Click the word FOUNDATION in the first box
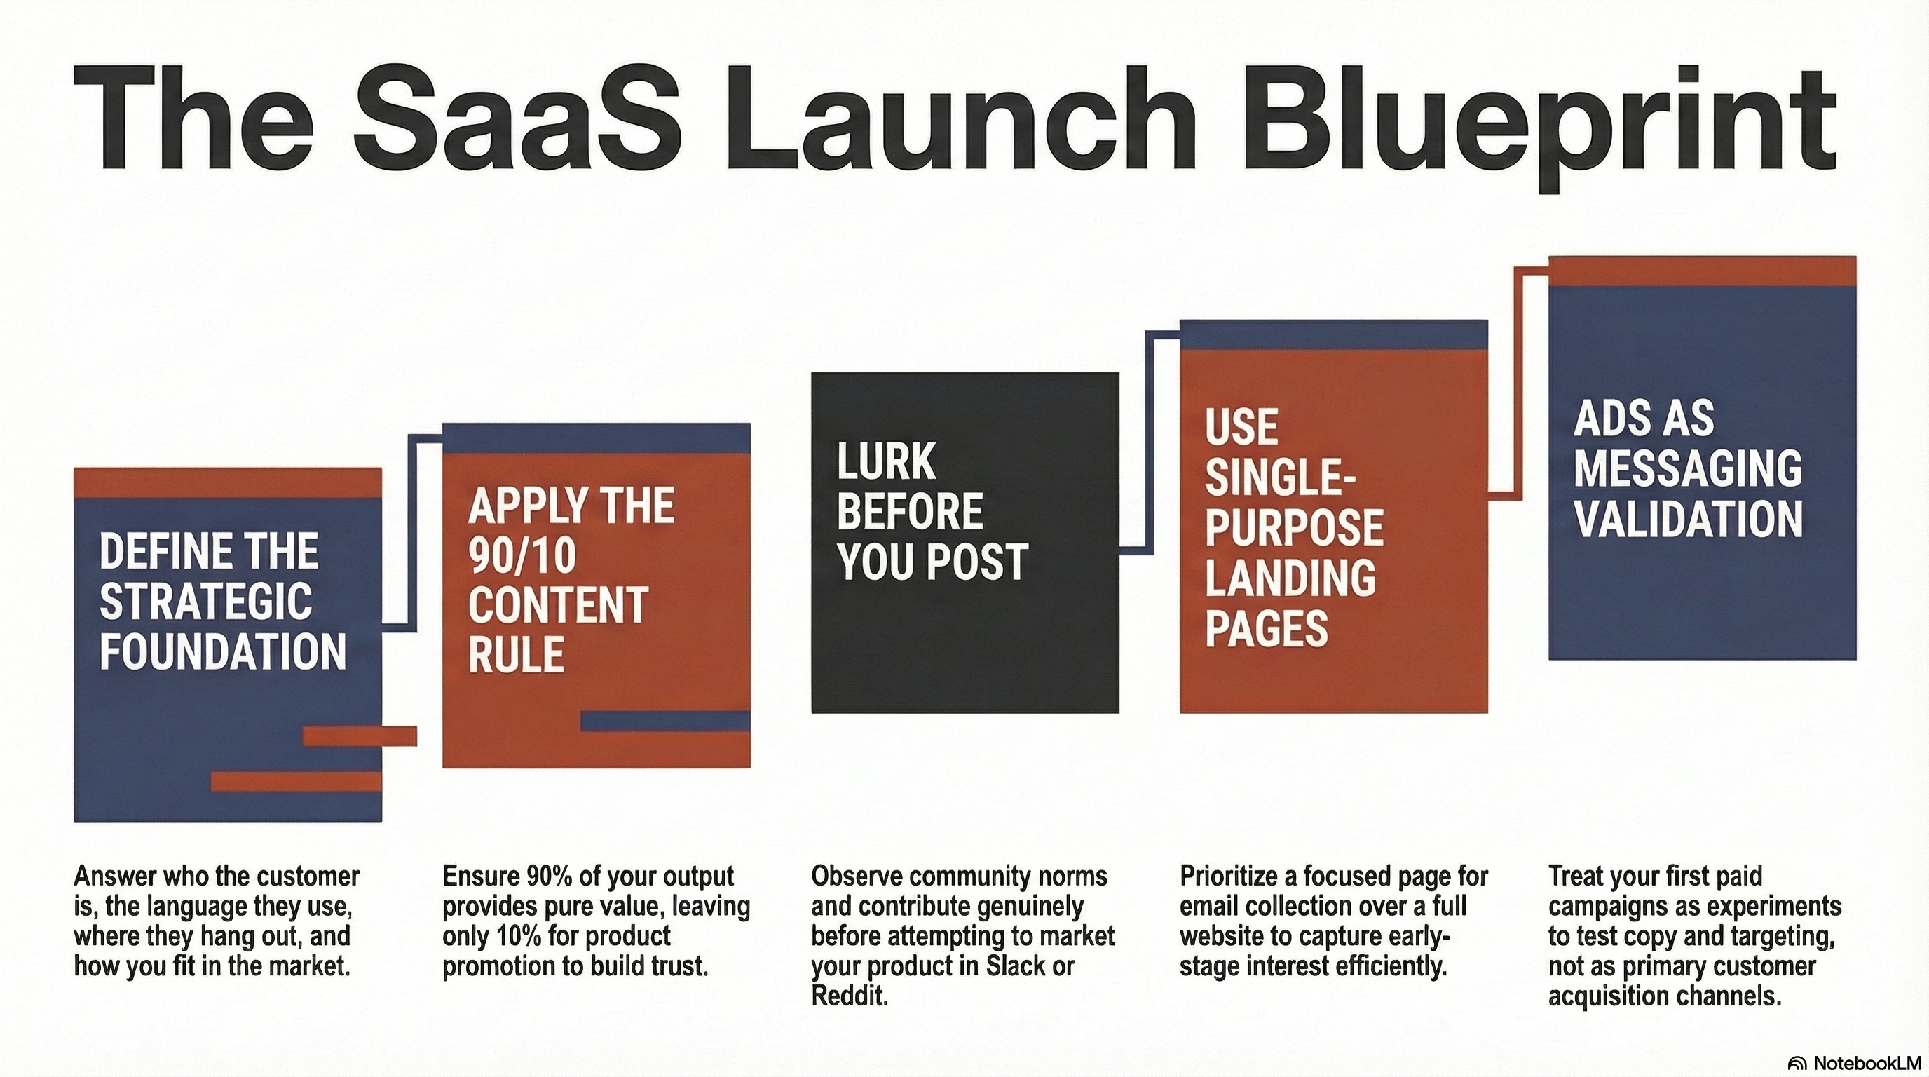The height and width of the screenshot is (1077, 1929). [223, 651]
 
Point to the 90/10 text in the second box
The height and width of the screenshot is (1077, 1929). [522, 556]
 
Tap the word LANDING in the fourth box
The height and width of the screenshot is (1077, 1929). [1290, 578]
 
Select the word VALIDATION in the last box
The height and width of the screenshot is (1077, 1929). [1688, 519]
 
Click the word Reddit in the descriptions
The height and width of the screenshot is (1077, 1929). [848, 997]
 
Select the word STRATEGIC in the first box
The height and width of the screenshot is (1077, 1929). [206, 602]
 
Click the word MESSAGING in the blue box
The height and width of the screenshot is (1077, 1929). [1688, 468]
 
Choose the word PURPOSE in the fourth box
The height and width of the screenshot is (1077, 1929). [1294, 527]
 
